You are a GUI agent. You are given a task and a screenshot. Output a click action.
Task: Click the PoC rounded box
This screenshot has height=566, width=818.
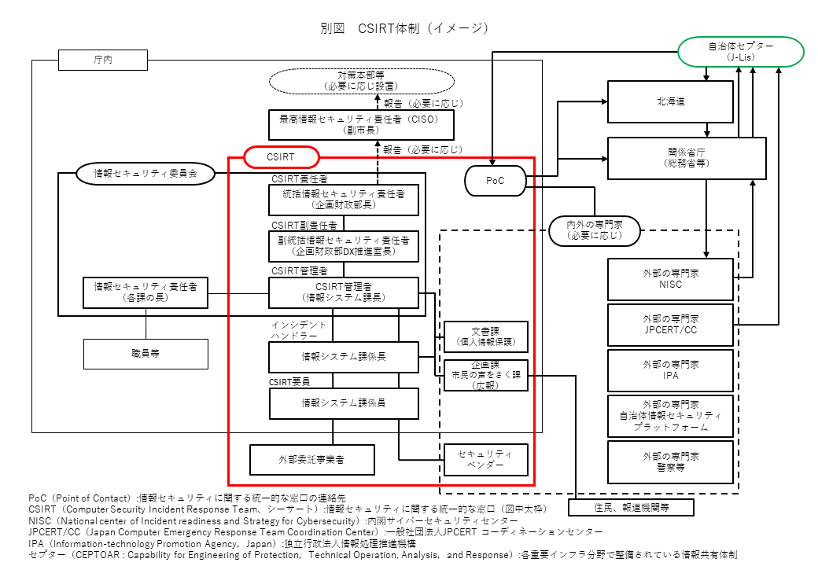coord(495,181)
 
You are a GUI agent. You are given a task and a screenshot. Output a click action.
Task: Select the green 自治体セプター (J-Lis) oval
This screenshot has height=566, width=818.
coord(740,52)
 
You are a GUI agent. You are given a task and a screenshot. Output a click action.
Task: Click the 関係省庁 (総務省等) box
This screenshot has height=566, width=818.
coord(687,157)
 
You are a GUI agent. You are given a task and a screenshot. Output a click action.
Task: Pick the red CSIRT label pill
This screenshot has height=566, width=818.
coord(281,157)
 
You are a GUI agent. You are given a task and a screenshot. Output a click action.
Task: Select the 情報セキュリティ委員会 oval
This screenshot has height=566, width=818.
coord(146,173)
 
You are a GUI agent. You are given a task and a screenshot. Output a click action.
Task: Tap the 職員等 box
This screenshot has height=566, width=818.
coord(146,354)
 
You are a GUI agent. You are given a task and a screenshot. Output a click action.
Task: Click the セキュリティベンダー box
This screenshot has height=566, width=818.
coord(485,459)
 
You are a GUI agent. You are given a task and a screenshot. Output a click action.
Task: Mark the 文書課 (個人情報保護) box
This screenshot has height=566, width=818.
coord(485,336)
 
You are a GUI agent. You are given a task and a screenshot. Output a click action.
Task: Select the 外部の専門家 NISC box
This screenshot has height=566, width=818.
coord(670,279)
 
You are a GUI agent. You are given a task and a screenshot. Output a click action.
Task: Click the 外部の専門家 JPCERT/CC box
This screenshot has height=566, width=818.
coord(670,325)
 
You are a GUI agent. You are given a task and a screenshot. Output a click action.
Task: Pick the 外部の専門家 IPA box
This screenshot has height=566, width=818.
coord(670,370)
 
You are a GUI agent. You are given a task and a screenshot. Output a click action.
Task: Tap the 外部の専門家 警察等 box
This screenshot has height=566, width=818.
coord(670,461)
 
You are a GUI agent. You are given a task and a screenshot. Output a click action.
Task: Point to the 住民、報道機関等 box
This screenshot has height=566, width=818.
coord(631,508)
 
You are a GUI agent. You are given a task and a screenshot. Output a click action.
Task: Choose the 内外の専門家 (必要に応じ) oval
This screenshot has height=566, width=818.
coord(595,230)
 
